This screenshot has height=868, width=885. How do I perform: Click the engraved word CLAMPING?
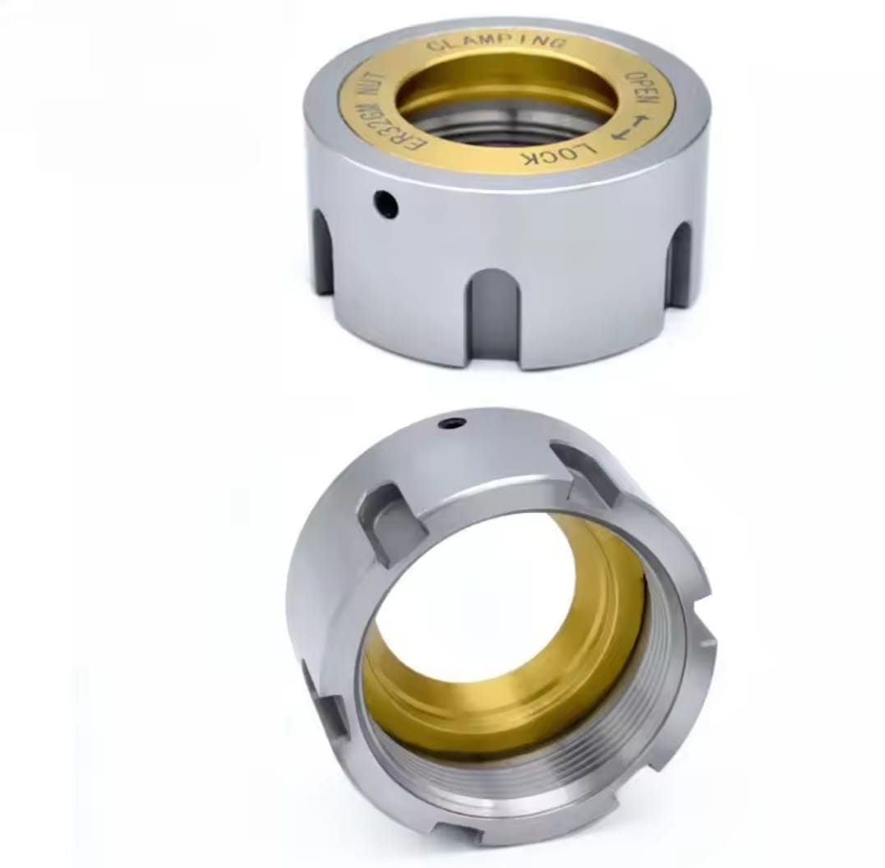coord(496,44)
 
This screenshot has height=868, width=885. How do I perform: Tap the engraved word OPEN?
coord(642,90)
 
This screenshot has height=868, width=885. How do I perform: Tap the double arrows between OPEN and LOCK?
coord(627,127)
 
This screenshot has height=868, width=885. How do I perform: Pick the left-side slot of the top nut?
coord(323,249)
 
